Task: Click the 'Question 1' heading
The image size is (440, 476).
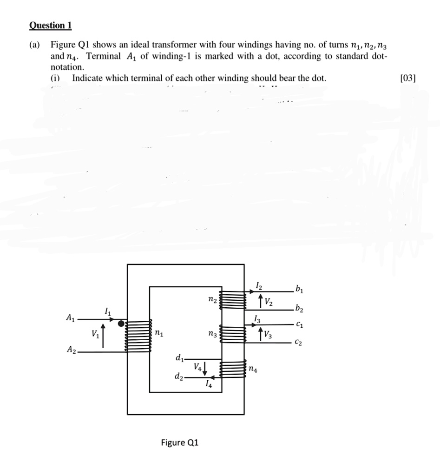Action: point(50,25)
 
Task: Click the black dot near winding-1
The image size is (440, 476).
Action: point(121,324)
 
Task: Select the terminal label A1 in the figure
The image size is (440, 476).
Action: point(70,318)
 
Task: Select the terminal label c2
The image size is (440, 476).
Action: point(300,343)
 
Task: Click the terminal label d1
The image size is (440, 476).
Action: point(179,358)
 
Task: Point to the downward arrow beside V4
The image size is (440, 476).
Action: point(205,368)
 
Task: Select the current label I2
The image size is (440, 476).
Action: point(258,285)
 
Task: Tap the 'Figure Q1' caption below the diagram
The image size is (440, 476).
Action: point(179,442)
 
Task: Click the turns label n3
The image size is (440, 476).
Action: point(211,334)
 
